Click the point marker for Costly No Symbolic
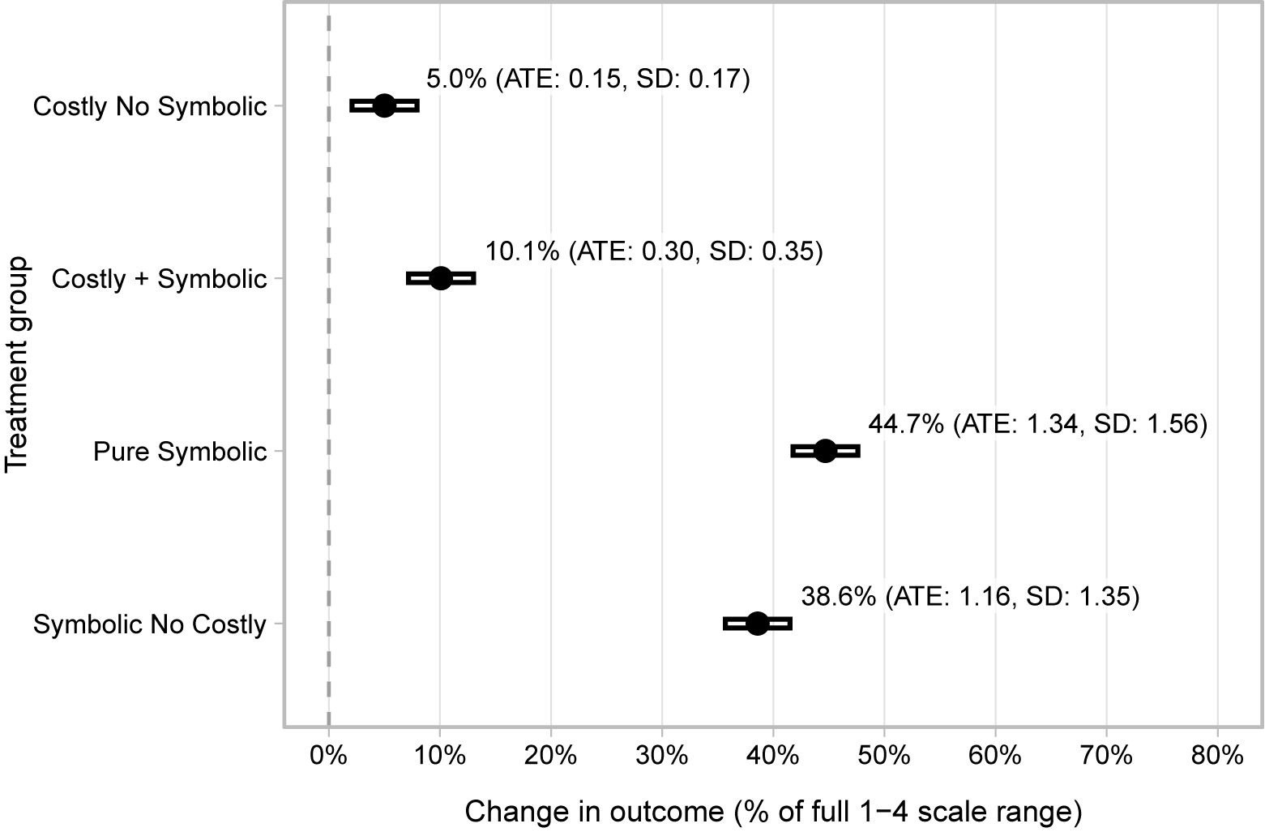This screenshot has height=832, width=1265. point(384,105)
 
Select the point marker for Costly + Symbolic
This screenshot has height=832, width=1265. point(440,278)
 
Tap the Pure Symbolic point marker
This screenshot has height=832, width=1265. point(825,451)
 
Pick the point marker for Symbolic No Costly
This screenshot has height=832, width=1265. point(757,624)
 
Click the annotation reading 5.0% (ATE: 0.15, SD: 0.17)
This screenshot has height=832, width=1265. point(588,79)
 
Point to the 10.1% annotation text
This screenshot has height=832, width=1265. point(654,251)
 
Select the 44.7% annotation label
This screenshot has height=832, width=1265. point(1037,424)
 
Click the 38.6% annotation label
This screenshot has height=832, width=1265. point(970,597)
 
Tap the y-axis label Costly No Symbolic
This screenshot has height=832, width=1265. point(150,106)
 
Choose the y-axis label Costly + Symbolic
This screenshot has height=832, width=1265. point(159,279)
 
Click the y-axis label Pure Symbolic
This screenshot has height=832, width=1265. point(180,452)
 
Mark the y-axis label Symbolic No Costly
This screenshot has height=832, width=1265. point(150,624)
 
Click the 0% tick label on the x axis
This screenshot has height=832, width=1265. point(328,756)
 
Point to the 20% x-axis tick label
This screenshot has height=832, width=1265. point(551,756)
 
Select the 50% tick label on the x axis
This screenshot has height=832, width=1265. point(884,756)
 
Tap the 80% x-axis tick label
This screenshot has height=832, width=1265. point(1217,756)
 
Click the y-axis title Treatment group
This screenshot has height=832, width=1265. point(17,365)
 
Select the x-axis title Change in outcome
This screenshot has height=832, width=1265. point(773,811)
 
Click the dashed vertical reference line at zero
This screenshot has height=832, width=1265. point(328,365)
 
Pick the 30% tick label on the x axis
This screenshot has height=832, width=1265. point(662,756)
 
